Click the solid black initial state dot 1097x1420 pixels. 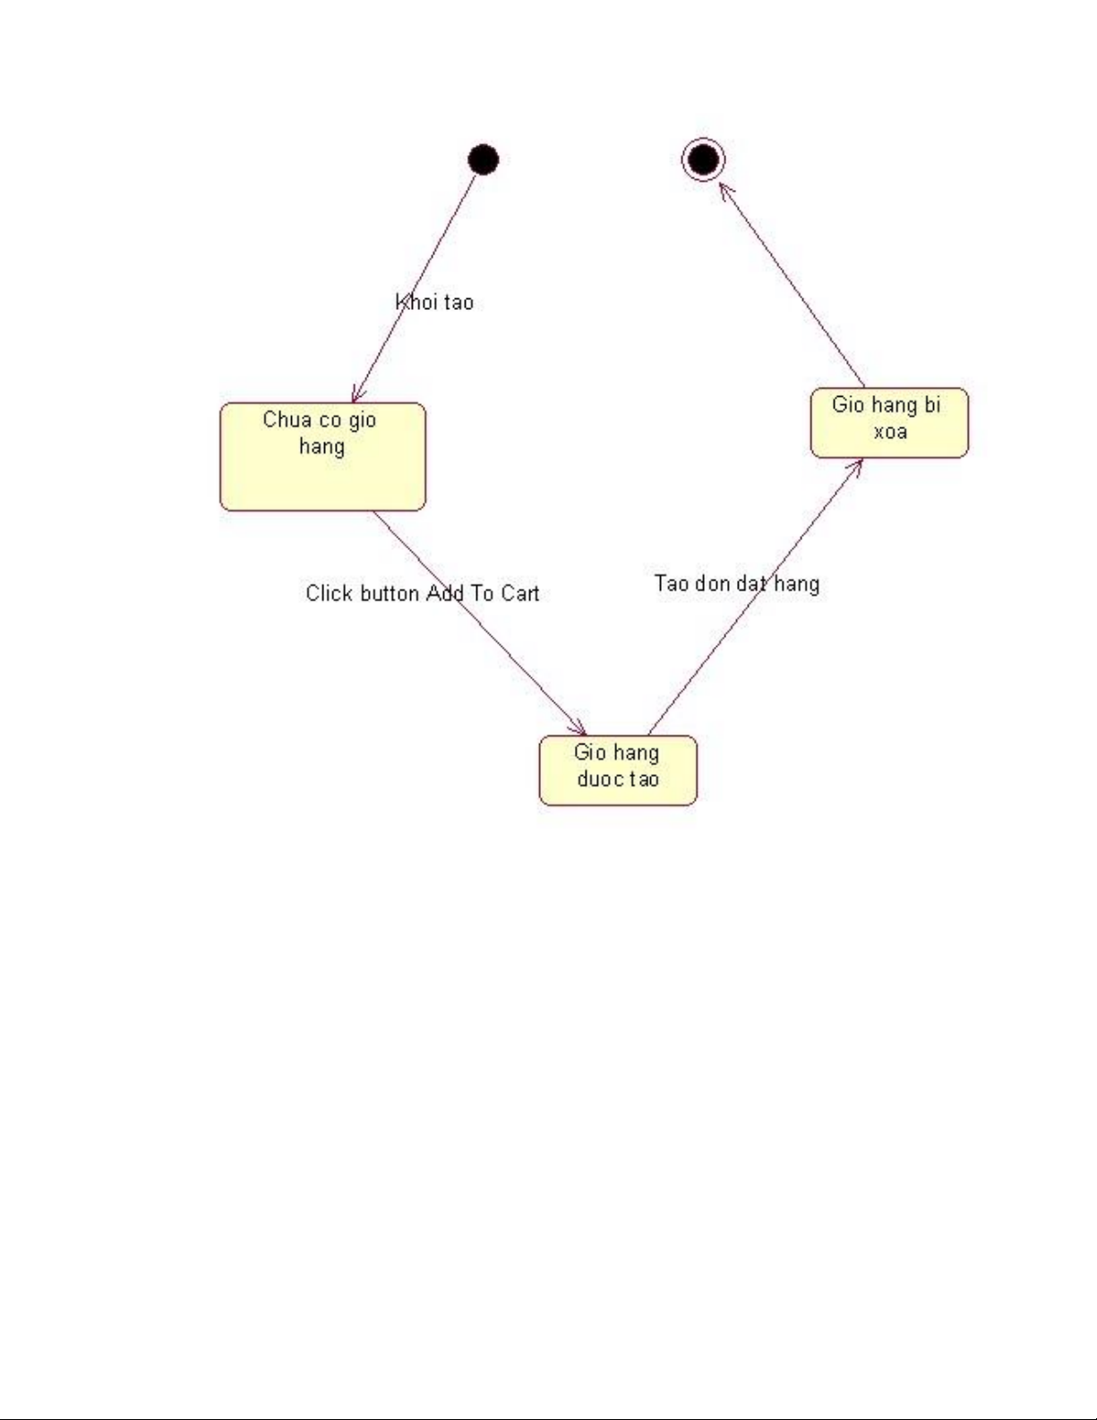coord(484,160)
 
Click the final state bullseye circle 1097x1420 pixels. coord(703,160)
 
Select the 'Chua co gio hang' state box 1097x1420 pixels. coord(322,457)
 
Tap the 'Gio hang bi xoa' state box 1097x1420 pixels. coord(889,423)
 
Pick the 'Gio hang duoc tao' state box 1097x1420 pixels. coord(618,770)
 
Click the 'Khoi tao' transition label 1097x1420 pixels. coord(434,303)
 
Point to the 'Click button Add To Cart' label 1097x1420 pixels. coord(422,593)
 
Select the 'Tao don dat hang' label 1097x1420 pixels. coord(737,584)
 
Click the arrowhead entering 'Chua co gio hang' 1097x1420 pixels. coord(356,397)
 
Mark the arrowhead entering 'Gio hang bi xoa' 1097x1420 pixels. coord(857,464)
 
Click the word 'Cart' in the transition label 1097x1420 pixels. coord(519,593)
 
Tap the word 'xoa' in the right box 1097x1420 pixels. coord(890,432)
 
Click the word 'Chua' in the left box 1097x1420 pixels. coord(287,420)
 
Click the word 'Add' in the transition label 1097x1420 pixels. coord(444,593)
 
